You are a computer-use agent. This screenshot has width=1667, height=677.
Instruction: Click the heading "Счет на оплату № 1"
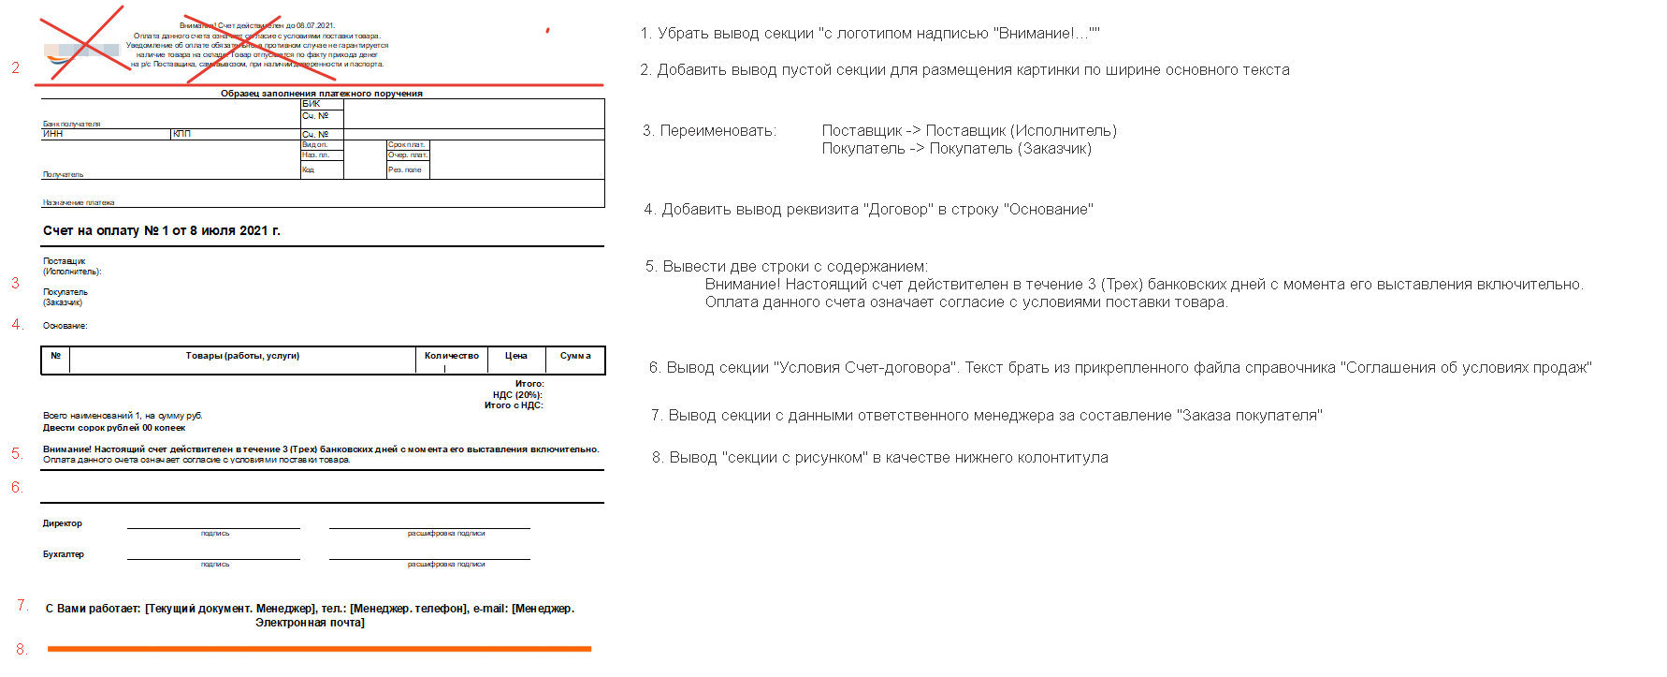point(161,230)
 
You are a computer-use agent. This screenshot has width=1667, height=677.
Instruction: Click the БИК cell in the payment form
point(312,104)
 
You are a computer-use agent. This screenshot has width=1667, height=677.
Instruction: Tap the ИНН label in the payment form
point(53,134)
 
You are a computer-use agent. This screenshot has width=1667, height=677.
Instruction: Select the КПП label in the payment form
point(181,134)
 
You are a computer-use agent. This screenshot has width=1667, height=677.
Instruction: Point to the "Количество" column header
point(451,356)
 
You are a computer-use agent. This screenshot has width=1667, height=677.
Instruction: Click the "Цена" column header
point(516,356)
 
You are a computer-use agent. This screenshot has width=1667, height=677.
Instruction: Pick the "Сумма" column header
point(575,356)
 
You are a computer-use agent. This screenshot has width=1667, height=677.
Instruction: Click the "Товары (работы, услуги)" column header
point(242,356)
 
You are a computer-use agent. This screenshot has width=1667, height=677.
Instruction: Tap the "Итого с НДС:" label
point(514,405)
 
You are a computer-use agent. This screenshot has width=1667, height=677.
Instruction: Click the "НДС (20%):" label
point(517,395)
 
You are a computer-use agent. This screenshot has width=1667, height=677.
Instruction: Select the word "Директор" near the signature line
point(63,523)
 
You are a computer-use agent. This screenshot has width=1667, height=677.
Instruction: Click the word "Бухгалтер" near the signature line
point(64,554)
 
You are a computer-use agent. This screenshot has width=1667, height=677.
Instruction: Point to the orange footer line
point(319,648)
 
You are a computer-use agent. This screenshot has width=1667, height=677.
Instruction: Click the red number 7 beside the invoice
point(22,606)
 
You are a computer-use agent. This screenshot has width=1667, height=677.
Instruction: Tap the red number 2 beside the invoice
point(16,67)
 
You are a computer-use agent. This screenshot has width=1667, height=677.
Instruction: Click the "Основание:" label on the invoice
point(65,326)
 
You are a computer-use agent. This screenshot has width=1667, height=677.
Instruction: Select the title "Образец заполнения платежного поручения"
point(321,94)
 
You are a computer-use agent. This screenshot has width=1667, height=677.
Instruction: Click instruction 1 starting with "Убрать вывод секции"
point(870,34)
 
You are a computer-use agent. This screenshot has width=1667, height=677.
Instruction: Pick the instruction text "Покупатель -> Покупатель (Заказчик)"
point(956,149)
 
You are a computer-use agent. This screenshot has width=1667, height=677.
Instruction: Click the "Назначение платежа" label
point(79,202)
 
